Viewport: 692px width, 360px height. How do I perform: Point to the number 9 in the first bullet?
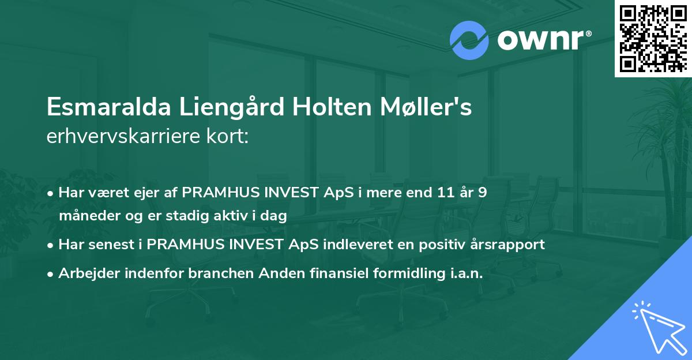482,192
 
